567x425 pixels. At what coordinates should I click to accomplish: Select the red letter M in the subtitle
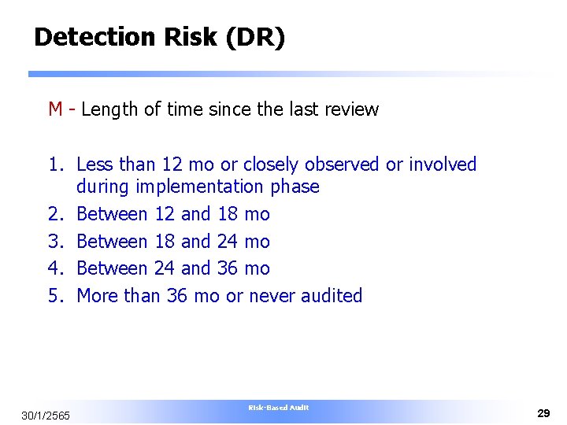tap(55, 109)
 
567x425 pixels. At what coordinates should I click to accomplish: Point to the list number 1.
tap(55, 164)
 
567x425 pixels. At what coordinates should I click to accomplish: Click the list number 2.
tap(55, 214)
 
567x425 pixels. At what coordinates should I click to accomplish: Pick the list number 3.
tap(55, 242)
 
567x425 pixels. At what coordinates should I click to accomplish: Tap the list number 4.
tap(55, 268)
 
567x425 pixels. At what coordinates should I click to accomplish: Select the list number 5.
tap(55, 296)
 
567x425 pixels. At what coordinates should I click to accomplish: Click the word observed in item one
tap(342, 164)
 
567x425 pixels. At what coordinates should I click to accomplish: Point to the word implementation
tap(200, 187)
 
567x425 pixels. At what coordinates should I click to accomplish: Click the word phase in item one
tap(295, 187)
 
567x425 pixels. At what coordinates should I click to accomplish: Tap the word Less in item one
tap(94, 164)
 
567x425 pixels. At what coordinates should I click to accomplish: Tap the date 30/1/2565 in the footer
tap(46, 415)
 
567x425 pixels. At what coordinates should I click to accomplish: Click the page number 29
tap(543, 413)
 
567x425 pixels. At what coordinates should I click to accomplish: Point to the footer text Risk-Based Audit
tap(279, 408)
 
